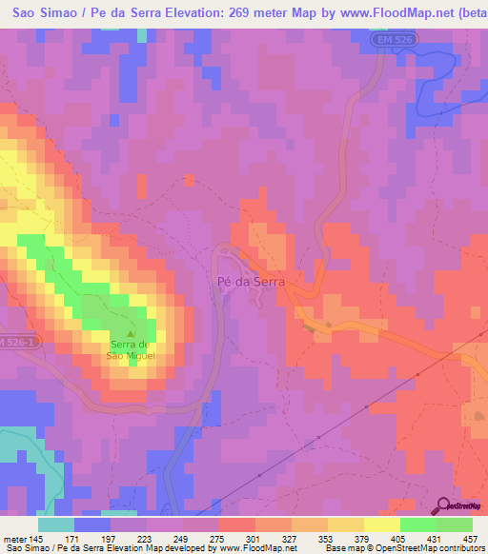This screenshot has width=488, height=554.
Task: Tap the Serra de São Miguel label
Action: click(131, 349)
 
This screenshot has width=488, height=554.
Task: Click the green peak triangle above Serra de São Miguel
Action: click(132, 333)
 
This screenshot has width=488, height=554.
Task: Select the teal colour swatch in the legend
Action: click(56, 524)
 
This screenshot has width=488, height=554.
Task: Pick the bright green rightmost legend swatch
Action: click(454, 524)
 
